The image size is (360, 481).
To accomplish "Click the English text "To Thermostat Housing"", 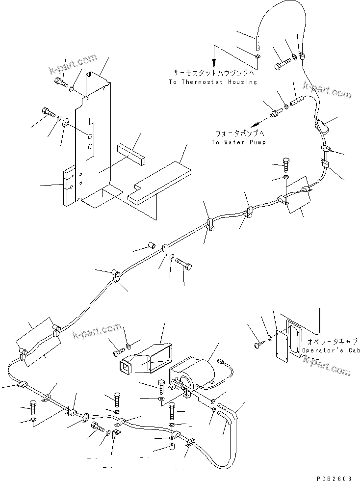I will [212, 82].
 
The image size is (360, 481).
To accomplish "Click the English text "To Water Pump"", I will [238, 142].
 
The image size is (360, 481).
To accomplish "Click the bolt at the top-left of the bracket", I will [60, 82].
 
